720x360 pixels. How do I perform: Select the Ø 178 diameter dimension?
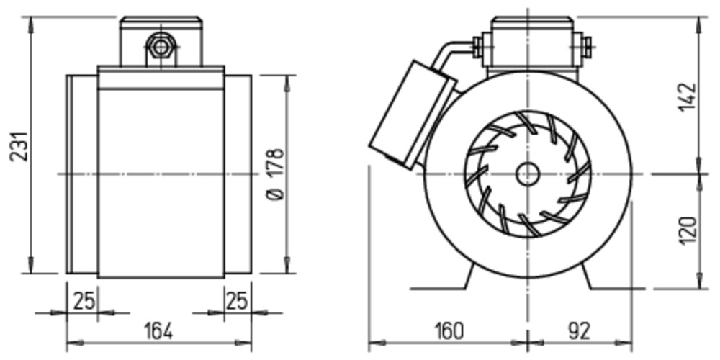tap(276, 174)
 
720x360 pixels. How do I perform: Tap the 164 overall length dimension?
tap(158, 331)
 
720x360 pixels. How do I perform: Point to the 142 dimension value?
tap(688, 97)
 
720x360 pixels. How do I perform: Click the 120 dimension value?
tap(688, 230)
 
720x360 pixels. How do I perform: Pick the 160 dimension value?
tap(449, 331)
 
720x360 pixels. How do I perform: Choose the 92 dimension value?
tap(579, 331)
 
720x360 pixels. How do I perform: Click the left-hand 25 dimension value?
tap(84, 301)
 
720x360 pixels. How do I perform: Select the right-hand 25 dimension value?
tap(237, 301)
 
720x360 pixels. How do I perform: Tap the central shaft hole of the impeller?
tap(527, 174)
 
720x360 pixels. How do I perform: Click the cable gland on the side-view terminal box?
tap(161, 47)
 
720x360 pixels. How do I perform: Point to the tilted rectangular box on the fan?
tap(413, 114)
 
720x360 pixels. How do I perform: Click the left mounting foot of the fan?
tap(442, 278)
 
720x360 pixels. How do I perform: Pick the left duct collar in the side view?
tap(82, 174)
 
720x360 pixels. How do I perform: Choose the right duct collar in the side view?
tap(238, 174)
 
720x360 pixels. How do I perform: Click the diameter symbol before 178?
tap(276, 194)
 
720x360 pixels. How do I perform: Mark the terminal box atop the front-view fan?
tap(533, 45)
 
